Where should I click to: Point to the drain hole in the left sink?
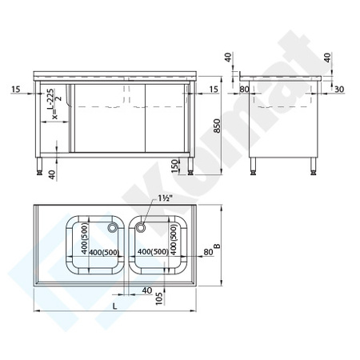point(112,229)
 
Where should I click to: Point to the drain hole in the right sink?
point(141,229)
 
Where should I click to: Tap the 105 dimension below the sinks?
point(161,298)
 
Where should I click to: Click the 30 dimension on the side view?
point(339,89)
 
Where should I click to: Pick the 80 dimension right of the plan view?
point(208,253)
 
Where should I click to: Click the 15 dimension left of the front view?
point(16,89)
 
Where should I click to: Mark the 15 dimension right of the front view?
point(213,89)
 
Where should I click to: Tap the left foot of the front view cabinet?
point(41,169)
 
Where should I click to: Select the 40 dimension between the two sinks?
point(146,290)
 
